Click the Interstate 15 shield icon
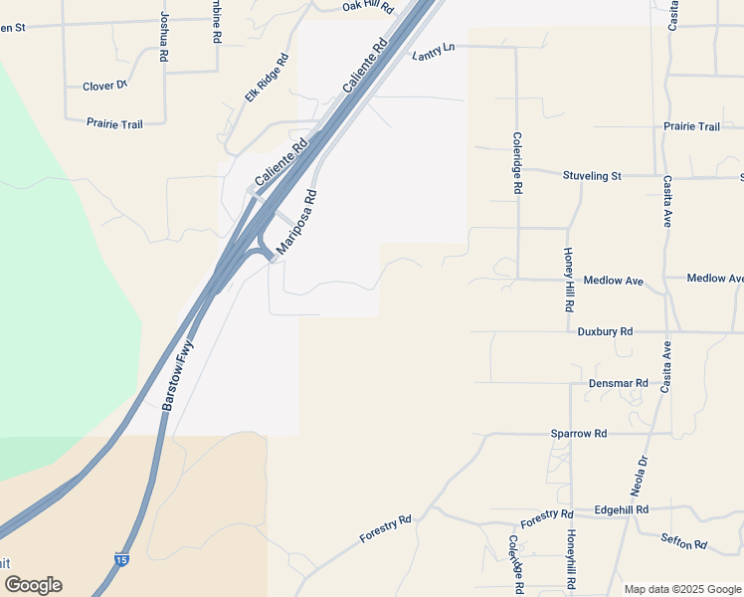click(121, 561)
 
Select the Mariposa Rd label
click(296, 222)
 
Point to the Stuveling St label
click(592, 176)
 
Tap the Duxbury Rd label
click(605, 331)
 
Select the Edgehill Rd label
click(621, 509)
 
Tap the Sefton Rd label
click(683, 543)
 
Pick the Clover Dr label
click(105, 87)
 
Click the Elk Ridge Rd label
click(267, 80)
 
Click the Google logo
click(33, 585)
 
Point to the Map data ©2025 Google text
click(681, 589)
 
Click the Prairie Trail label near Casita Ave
click(691, 126)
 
